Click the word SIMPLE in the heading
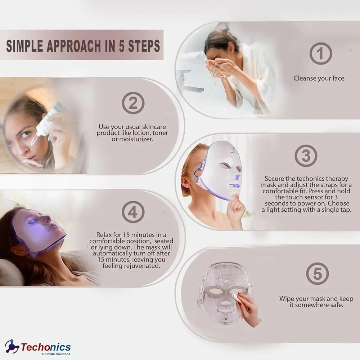pos(24,46)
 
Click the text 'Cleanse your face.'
pos(319,78)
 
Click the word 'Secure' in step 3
pos(273,179)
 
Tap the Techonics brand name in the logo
pos(46,347)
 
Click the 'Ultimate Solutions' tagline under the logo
pos(56,354)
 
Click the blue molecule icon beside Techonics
pos(12,346)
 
